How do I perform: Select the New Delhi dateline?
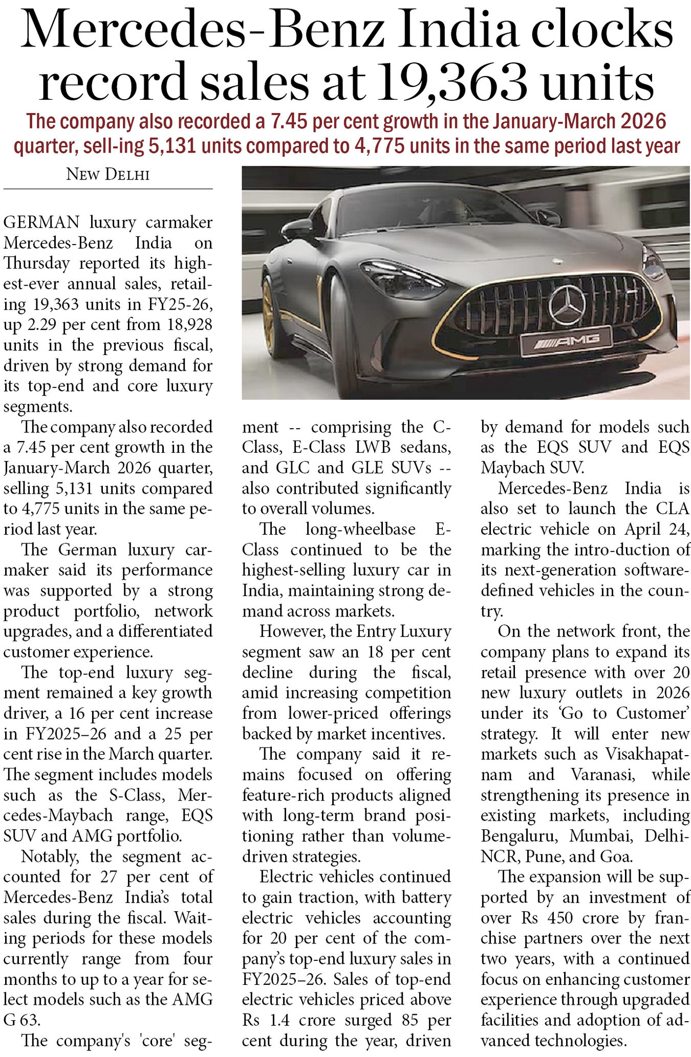point(108,175)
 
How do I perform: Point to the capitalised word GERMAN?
point(41,223)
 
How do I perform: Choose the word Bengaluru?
point(519,836)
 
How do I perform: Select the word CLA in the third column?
point(673,509)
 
